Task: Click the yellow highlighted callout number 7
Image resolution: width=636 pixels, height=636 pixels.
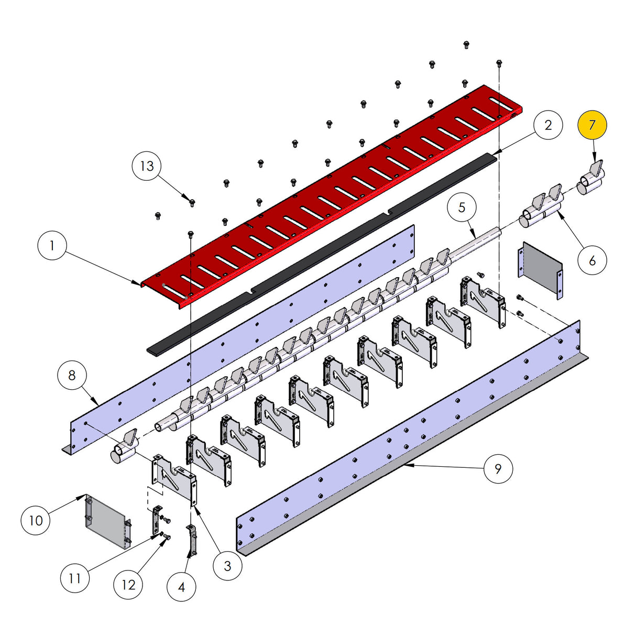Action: (x=592, y=125)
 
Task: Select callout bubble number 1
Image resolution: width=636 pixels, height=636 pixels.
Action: (x=52, y=245)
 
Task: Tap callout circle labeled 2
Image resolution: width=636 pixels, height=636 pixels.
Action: (x=548, y=125)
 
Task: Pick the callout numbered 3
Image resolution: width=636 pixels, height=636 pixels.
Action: (x=227, y=565)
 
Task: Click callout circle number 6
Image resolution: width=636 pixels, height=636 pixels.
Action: (x=592, y=260)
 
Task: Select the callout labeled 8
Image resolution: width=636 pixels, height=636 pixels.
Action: (x=72, y=375)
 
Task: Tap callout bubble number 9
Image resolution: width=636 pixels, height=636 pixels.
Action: (x=498, y=468)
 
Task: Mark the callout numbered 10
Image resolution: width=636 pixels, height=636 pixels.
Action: (x=36, y=520)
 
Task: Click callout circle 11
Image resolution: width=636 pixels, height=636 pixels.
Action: (x=75, y=578)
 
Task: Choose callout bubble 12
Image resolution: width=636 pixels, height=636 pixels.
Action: (x=128, y=585)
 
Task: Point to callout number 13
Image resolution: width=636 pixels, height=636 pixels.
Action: (x=147, y=166)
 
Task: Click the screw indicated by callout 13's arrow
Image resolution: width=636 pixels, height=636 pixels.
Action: (x=192, y=202)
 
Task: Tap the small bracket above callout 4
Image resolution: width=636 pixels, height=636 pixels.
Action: (x=192, y=540)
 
